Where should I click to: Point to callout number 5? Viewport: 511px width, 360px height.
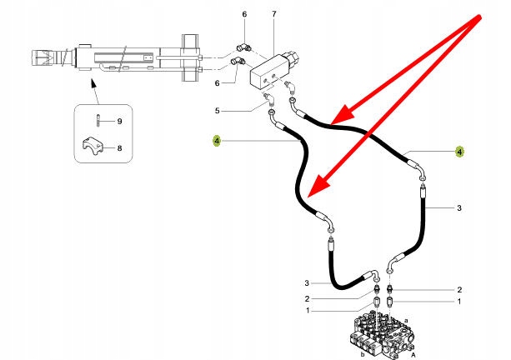217,111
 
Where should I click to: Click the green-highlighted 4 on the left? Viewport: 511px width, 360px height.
216,142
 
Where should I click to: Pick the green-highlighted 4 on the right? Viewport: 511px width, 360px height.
459,152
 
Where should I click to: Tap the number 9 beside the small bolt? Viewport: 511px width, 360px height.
119,122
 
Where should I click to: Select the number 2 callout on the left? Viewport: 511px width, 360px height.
307,297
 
